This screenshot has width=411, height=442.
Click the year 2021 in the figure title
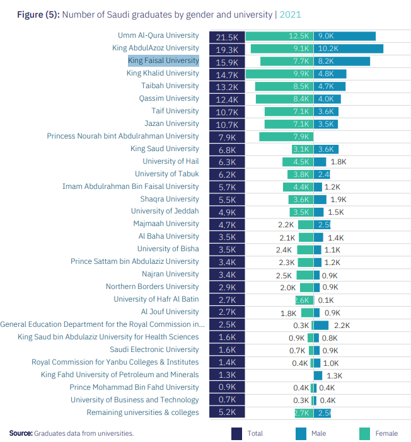point(291,14)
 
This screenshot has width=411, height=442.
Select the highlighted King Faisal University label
point(163,61)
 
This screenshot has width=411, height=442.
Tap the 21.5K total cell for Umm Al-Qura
point(227,37)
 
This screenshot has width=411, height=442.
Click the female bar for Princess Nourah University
point(286,137)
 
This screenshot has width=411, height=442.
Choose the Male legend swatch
point(301,433)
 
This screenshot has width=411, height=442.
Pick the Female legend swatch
point(365,433)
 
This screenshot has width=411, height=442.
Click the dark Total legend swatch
point(238,433)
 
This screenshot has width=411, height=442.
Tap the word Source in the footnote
point(20,433)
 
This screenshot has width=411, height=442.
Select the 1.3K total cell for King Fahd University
point(227,375)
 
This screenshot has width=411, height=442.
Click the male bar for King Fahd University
point(318,375)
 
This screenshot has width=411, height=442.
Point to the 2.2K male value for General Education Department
point(342,325)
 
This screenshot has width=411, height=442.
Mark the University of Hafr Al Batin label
point(156,299)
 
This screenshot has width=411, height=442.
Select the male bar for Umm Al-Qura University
point(345,37)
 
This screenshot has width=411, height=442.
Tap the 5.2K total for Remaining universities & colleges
point(227,412)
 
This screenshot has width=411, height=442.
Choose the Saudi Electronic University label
point(154,349)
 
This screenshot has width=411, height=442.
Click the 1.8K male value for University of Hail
point(339,162)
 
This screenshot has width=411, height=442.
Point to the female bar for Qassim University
point(284,99)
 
